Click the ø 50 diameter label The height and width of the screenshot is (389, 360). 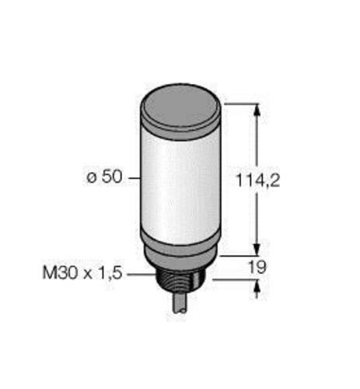pyautogui.click(x=103, y=178)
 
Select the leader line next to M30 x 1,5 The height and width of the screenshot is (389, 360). pyautogui.click(x=140, y=274)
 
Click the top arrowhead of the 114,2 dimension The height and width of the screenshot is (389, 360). pyautogui.click(x=257, y=108)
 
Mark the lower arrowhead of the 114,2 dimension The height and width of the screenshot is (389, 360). pyautogui.click(x=257, y=247)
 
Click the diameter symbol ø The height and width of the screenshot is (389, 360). pyautogui.click(x=92, y=178)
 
